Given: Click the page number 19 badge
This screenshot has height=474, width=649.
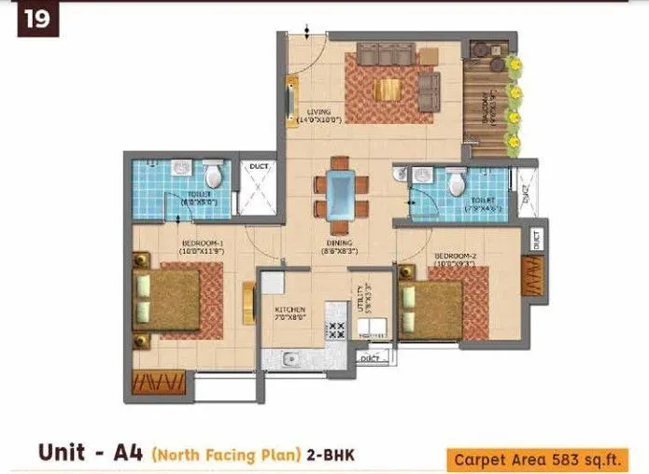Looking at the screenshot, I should (37, 20).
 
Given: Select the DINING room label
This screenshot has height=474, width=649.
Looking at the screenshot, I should (337, 247).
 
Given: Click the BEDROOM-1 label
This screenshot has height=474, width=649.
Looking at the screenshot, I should (202, 245).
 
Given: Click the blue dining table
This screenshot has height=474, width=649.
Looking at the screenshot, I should (342, 195).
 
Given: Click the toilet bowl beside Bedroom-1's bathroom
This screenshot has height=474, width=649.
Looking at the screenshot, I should (215, 174).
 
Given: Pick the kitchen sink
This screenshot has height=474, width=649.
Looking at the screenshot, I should (290, 358).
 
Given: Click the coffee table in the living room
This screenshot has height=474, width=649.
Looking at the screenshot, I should (388, 89).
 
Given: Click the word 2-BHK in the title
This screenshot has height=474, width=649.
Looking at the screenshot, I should (332, 454).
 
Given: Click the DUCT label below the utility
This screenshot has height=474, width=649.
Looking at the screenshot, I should (372, 357).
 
